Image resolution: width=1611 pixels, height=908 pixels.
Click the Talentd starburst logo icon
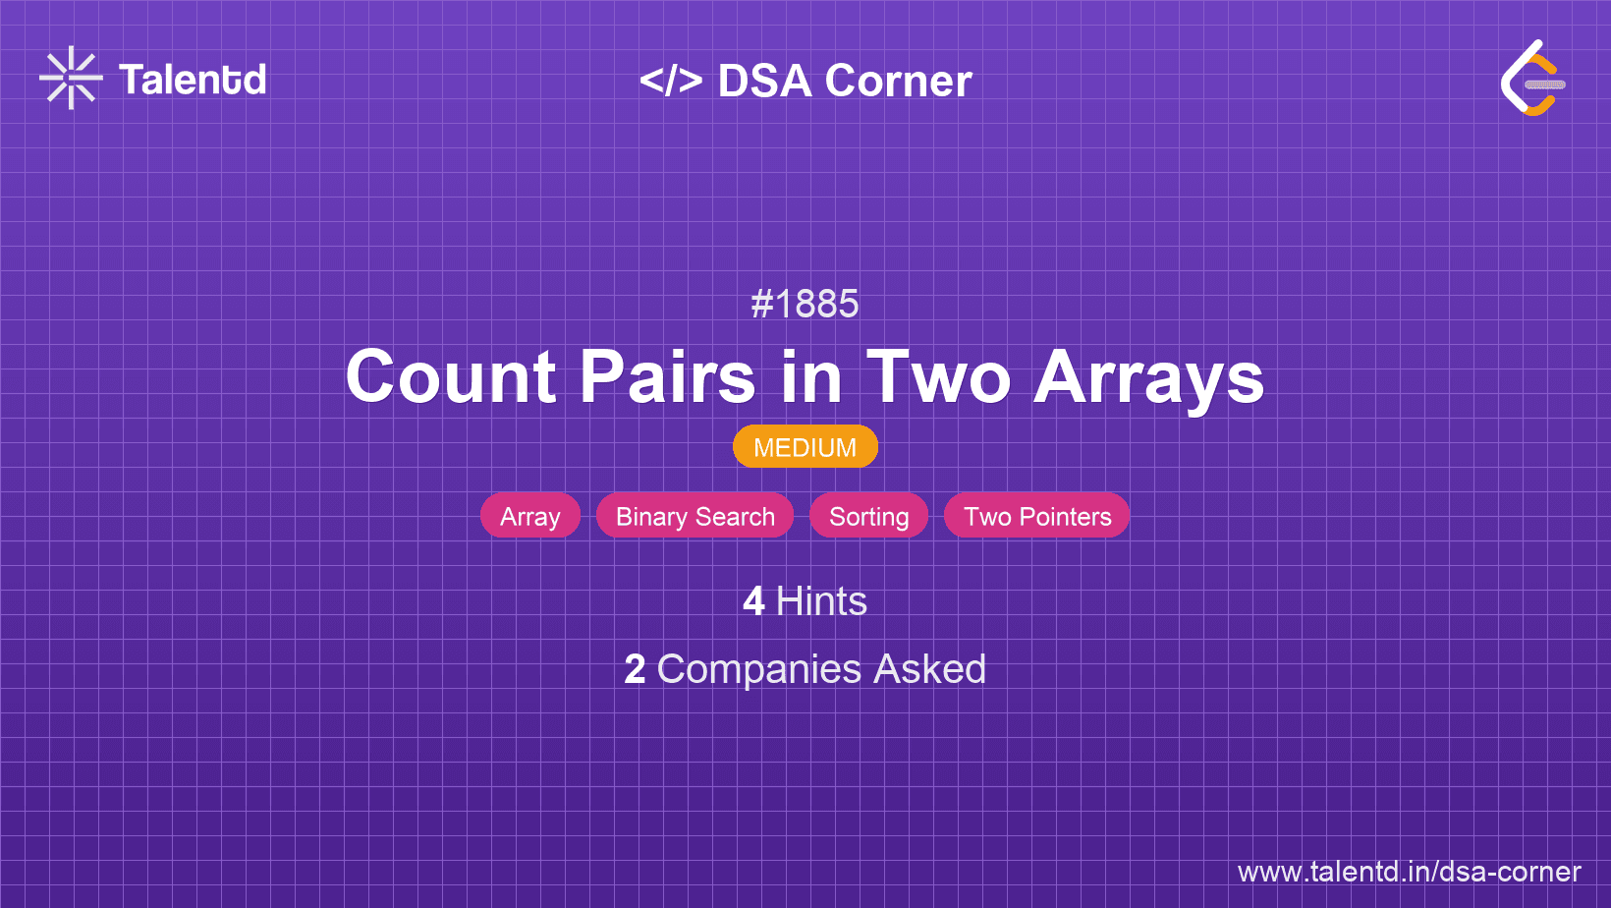(x=71, y=78)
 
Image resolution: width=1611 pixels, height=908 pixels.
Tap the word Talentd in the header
(x=193, y=80)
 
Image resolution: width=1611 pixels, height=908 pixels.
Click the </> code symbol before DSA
(x=670, y=80)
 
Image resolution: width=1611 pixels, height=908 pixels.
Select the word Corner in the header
(x=898, y=81)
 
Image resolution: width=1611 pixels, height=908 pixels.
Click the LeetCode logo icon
(x=1532, y=78)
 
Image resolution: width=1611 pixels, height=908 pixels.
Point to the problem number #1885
(x=805, y=304)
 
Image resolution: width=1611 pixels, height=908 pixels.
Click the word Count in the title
(x=451, y=376)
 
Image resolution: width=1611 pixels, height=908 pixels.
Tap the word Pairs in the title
(x=667, y=376)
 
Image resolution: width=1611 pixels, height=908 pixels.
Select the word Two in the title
(x=938, y=376)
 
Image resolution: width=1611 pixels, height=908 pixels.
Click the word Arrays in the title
(x=1148, y=381)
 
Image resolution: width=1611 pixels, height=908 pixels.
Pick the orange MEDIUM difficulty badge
(x=805, y=447)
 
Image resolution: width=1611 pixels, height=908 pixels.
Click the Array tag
(x=530, y=516)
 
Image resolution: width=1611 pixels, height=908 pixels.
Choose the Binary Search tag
(x=694, y=516)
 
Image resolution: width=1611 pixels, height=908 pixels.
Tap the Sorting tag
(x=868, y=516)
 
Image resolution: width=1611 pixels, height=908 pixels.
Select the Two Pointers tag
(x=1037, y=516)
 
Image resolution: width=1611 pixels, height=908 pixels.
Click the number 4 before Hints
(x=753, y=601)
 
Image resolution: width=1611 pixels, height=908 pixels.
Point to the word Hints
(x=821, y=601)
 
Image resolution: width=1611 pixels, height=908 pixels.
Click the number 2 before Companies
(x=635, y=669)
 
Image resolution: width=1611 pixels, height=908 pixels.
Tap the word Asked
(x=929, y=669)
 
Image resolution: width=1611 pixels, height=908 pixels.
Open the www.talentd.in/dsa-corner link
(x=1409, y=872)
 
